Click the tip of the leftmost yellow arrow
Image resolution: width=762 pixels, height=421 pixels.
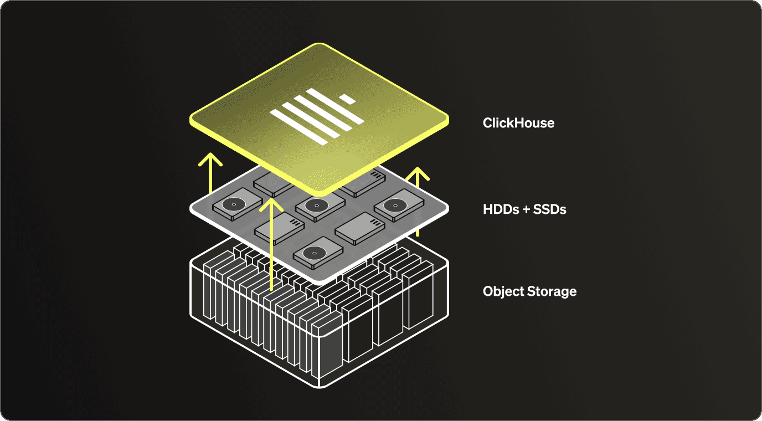coord(210,153)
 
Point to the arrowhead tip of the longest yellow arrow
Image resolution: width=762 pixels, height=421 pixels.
coord(271,199)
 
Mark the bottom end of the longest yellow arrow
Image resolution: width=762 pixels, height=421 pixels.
coord(271,290)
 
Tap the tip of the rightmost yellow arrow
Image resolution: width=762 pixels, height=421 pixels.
coord(418,168)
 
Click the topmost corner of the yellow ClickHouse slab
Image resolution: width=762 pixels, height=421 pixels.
coord(319,44)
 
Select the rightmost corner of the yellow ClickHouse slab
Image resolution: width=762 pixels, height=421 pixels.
coord(449,120)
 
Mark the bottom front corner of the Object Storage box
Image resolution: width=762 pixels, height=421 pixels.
coord(320,388)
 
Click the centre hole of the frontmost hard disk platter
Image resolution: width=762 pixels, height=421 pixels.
coord(315,253)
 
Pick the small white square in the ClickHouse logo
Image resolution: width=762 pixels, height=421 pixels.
coord(347,99)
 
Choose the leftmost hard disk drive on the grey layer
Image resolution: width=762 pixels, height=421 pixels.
coord(238,204)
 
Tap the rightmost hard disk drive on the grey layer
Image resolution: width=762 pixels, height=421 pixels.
coord(399,205)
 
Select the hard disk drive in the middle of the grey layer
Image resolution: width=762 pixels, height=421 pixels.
coord(320,206)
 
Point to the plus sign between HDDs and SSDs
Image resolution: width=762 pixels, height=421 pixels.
coord(526,209)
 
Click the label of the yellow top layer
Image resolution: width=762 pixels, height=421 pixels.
coord(518,123)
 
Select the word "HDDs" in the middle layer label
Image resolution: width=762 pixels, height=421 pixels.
coord(501,209)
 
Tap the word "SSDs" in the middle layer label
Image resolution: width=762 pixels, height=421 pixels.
coord(549,209)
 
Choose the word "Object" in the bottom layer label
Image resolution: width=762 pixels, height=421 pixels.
coord(503,292)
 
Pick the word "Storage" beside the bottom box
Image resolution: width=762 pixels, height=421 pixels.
coord(552,292)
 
